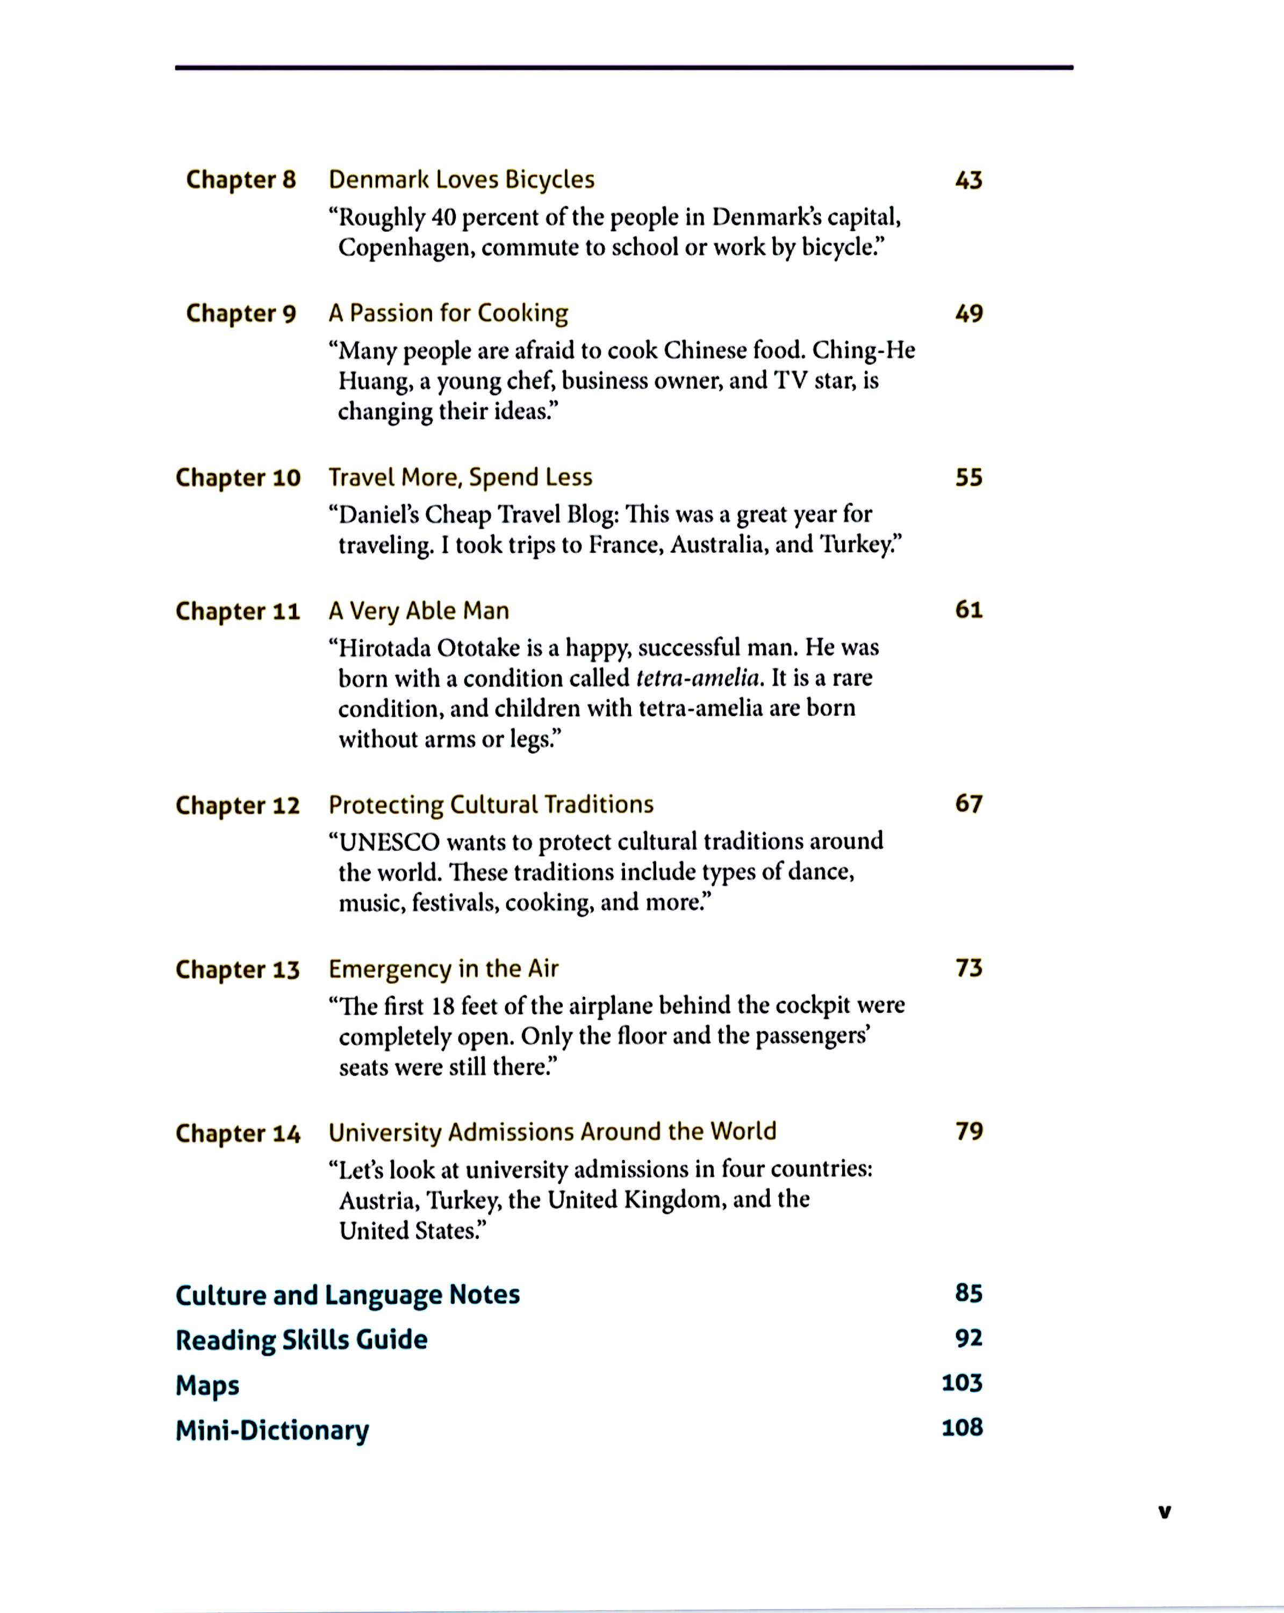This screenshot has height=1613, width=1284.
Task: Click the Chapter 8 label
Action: click(241, 180)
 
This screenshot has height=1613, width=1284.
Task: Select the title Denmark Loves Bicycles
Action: click(461, 180)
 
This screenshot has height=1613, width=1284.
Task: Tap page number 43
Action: click(969, 180)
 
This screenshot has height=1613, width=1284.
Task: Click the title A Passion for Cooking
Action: click(448, 313)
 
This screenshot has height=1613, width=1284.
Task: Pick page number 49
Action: click(969, 313)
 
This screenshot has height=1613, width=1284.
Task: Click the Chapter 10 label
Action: click(238, 478)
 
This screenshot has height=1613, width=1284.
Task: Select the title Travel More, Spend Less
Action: click(460, 477)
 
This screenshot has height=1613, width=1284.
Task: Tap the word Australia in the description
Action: click(719, 545)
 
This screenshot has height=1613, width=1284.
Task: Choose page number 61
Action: click(969, 610)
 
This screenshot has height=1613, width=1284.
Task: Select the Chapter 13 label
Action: click(238, 969)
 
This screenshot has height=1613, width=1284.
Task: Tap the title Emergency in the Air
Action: click(443, 969)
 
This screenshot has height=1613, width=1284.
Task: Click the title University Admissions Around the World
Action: click(552, 1132)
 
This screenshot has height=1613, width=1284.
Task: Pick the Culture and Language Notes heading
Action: click(348, 1295)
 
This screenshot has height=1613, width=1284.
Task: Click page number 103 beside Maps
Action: click(962, 1382)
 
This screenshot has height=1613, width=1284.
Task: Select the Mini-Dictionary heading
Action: click(272, 1430)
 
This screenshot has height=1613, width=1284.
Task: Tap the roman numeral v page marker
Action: click(1164, 1512)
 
